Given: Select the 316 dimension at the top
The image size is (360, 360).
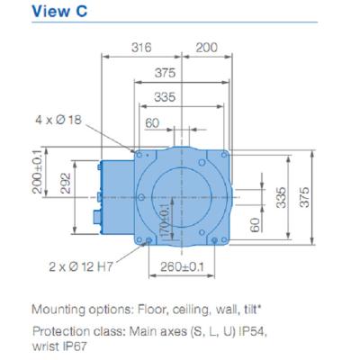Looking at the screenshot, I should click(x=140, y=46).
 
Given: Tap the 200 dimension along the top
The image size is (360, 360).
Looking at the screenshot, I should click(x=207, y=46).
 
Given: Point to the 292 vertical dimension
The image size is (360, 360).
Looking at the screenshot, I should click(x=66, y=184).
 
